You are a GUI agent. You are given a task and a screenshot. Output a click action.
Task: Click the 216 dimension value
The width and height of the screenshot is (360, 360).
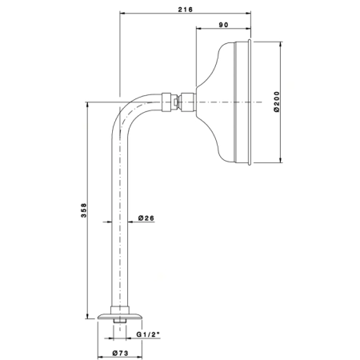click(x=185, y=10)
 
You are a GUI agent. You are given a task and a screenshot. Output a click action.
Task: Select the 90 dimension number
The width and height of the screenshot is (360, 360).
click(x=223, y=25)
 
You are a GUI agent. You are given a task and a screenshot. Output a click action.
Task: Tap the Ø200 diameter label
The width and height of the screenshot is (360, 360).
click(x=277, y=102)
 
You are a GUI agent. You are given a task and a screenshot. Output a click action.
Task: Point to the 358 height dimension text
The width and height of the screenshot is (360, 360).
click(x=84, y=210)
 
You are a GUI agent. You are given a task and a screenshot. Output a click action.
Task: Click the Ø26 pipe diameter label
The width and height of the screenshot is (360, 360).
click(x=146, y=218)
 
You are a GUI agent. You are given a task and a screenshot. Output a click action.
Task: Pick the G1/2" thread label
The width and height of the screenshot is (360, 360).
click(x=147, y=334)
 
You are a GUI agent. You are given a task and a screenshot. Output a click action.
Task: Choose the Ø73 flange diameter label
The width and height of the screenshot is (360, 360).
click(x=120, y=353)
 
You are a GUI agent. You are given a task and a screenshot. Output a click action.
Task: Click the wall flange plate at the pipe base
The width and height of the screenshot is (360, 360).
click(x=120, y=316)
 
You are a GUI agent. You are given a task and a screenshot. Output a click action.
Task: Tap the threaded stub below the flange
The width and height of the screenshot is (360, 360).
click(x=120, y=321)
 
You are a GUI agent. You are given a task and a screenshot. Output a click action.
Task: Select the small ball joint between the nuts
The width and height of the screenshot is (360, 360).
click(x=175, y=102)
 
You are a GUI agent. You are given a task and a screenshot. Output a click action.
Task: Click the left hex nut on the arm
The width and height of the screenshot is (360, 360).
click(x=166, y=102)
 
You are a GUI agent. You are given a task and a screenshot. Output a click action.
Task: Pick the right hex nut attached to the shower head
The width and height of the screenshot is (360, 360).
click(x=188, y=102)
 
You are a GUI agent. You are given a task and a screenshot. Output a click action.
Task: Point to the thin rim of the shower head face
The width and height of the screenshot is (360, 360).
click(x=250, y=102)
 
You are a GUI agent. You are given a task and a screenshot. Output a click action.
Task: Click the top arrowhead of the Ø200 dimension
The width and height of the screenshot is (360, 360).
click(x=280, y=44)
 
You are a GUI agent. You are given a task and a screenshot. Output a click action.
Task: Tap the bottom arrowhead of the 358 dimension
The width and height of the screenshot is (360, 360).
click(x=87, y=316)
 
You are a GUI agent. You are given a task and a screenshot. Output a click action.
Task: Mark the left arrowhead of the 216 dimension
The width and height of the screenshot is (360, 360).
click(x=122, y=13)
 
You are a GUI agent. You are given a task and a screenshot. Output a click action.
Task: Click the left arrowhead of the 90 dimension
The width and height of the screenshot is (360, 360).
click(x=199, y=27)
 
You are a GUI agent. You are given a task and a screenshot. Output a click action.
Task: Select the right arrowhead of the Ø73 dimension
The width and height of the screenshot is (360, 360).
click(x=139, y=357)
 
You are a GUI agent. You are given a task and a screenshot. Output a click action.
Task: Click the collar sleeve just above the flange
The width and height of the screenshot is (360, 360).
click(x=120, y=310)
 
